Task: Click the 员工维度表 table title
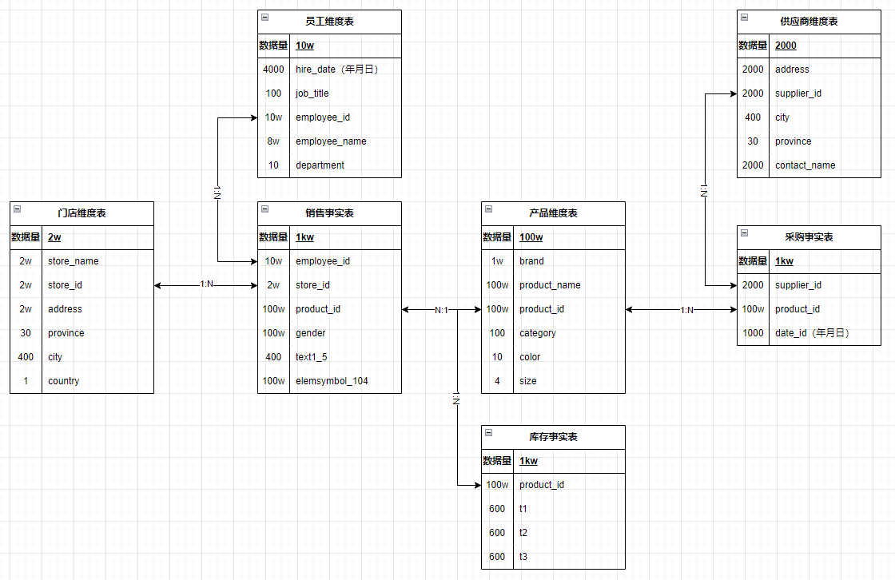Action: (329, 22)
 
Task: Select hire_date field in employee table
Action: (336, 70)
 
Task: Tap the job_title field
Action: (312, 93)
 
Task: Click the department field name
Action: (320, 165)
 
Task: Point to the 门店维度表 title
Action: (82, 213)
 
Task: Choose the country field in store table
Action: (63, 381)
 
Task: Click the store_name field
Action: (73, 261)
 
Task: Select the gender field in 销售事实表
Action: (310, 333)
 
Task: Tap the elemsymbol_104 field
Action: (332, 381)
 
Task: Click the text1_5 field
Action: (312, 357)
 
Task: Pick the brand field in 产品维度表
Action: (531, 261)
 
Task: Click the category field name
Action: (537, 333)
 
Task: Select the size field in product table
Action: (527, 381)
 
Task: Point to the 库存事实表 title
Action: (553, 437)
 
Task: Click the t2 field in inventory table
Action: (523, 533)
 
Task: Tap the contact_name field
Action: (805, 165)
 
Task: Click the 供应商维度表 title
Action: (809, 22)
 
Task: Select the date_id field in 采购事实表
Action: (811, 333)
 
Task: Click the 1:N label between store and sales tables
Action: (207, 285)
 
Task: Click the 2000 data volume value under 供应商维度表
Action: (786, 46)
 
